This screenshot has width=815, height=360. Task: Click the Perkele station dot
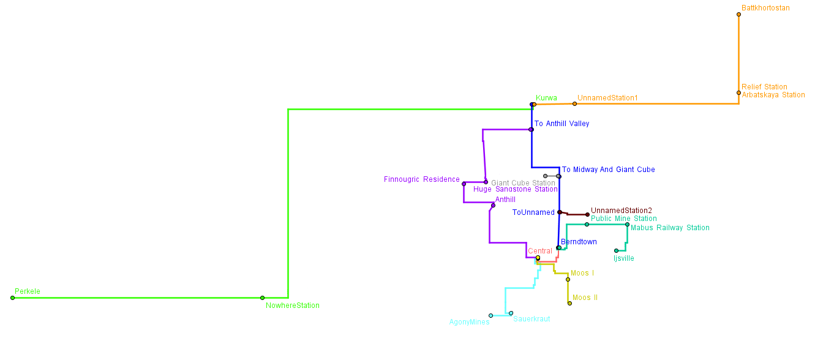(12, 298)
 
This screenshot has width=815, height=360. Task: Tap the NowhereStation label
(292, 306)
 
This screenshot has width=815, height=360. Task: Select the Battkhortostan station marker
(738, 14)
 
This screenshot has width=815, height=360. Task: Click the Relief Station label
(764, 87)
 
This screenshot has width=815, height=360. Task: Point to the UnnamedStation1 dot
(574, 103)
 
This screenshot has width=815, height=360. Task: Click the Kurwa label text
(546, 98)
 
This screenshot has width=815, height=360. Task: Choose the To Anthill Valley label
(561, 124)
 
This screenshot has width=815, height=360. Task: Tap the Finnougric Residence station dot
(464, 184)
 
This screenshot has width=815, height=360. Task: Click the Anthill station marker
(493, 205)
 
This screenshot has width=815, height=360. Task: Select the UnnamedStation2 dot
(587, 214)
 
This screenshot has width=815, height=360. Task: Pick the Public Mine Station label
(623, 219)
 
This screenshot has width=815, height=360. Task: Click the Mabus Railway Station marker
(627, 224)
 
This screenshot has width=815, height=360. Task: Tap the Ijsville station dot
(616, 250)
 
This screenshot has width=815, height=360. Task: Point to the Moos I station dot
(568, 279)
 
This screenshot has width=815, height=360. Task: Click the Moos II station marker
(569, 303)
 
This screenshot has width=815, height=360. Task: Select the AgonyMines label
(469, 322)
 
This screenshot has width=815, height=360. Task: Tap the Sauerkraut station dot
(511, 313)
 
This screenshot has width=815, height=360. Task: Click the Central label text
(539, 251)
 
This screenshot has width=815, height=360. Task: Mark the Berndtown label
(579, 242)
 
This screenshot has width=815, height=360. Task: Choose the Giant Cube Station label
(523, 183)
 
